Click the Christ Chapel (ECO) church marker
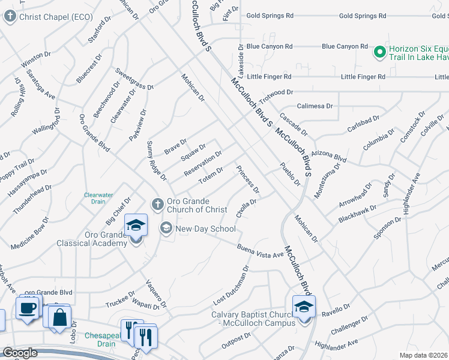pos(10,17)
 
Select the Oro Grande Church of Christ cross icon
pos(157,204)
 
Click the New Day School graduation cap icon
pos(166,229)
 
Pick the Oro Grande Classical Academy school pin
pos(136,227)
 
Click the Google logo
pos(20,353)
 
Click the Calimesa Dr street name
pos(315,106)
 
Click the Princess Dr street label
pos(248,179)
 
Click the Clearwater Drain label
pos(98,198)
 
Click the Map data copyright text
pos(424,355)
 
